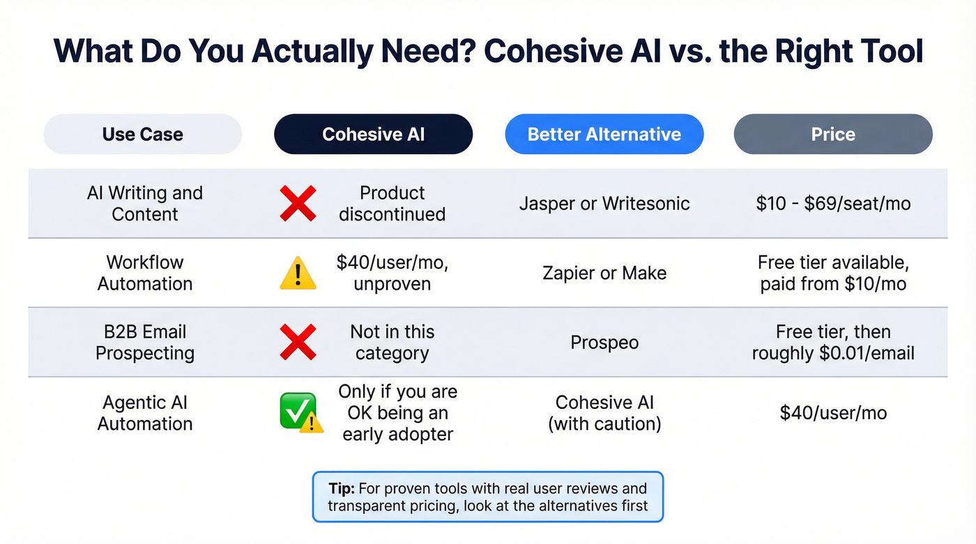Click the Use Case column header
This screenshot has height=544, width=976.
[x=142, y=134]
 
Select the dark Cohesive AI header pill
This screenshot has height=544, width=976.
[x=373, y=134]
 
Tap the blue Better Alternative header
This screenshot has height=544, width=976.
[x=604, y=134]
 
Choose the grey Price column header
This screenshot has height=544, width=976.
[x=833, y=134]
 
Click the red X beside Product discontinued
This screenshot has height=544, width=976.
[x=298, y=203]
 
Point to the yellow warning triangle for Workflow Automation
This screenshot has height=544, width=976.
[x=298, y=274]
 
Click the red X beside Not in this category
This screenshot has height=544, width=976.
[x=298, y=343]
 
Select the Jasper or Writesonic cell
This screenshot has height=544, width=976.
[x=604, y=203]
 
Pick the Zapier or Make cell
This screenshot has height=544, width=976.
[x=604, y=273]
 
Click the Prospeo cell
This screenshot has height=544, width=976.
[x=604, y=343]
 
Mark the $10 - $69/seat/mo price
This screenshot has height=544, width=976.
[x=833, y=203]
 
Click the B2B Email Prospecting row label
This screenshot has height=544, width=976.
[x=144, y=342]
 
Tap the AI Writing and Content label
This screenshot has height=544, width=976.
[x=144, y=203]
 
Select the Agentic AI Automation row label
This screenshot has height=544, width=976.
[x=144, y=412]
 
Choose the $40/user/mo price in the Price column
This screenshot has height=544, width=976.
[x=833, y=412]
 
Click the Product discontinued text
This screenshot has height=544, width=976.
[x=392, y=203]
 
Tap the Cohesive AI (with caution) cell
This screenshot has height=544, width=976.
[x=604, y=412]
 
